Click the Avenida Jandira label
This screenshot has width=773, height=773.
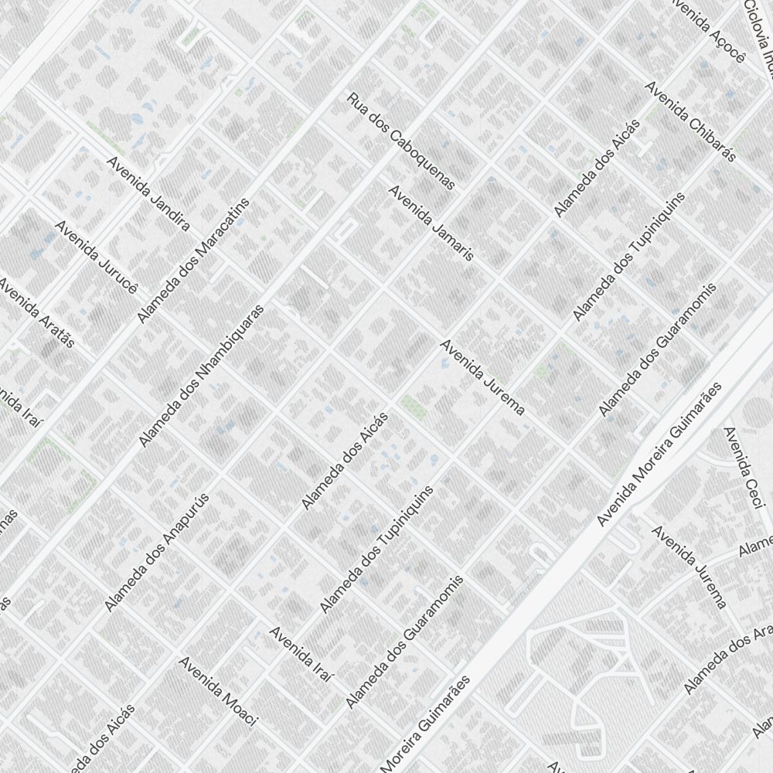pyautogui.click(x=148, y=194)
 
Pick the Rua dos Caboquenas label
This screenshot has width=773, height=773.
pyautogui.click(x=401, y=141)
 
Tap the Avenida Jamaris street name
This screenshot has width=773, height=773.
pyautogui.click(x=431, y=223)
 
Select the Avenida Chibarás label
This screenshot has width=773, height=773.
pyautogui.click(x=690, y=132)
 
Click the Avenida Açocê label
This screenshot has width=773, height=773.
pyautogui.click(x=709, y=31)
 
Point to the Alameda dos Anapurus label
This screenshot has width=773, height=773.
pyautogui.click(x=158, y=551)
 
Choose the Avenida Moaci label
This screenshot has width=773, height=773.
pyautogui.click(x=217, y=691)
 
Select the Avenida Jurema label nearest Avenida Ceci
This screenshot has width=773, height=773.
pyautogui.click(x=690, y=567)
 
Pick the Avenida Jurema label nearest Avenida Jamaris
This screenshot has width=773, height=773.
pyautogui.click(x=483, y=377)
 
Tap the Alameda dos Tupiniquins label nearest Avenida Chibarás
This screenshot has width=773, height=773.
pyautogui.click(x=629, y=256)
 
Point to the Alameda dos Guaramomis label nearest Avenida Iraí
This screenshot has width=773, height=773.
pyautogui.click(x=405, y=641)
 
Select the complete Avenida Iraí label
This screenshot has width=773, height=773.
pyautogui.click(x=301, y=654)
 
